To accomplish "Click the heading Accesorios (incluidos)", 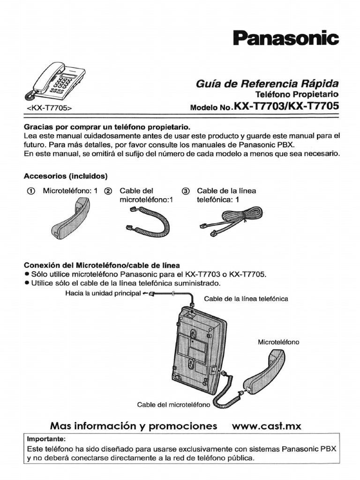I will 66,176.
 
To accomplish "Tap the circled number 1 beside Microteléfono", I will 30,191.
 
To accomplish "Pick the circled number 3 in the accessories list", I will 186,191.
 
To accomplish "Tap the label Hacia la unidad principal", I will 103,293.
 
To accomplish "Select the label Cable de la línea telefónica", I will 246,299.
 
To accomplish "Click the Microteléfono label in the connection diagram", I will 278,342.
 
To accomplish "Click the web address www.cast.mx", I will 267,426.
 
